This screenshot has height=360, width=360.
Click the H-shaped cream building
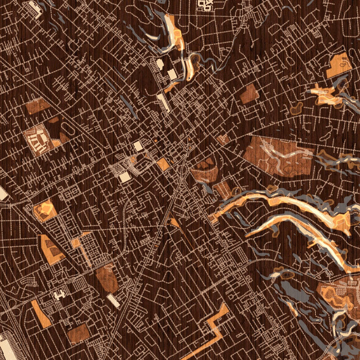coord(60,296)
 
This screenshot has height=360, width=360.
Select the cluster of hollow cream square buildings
coord(206,5)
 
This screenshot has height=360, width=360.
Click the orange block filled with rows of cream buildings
coord(38,139)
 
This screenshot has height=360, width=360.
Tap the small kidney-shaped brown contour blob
coord(296,109)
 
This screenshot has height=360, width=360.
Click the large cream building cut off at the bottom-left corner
coord(6,350)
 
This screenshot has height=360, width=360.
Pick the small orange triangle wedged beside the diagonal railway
coord(175,222)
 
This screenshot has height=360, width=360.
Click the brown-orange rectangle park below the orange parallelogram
coord(78,333)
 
